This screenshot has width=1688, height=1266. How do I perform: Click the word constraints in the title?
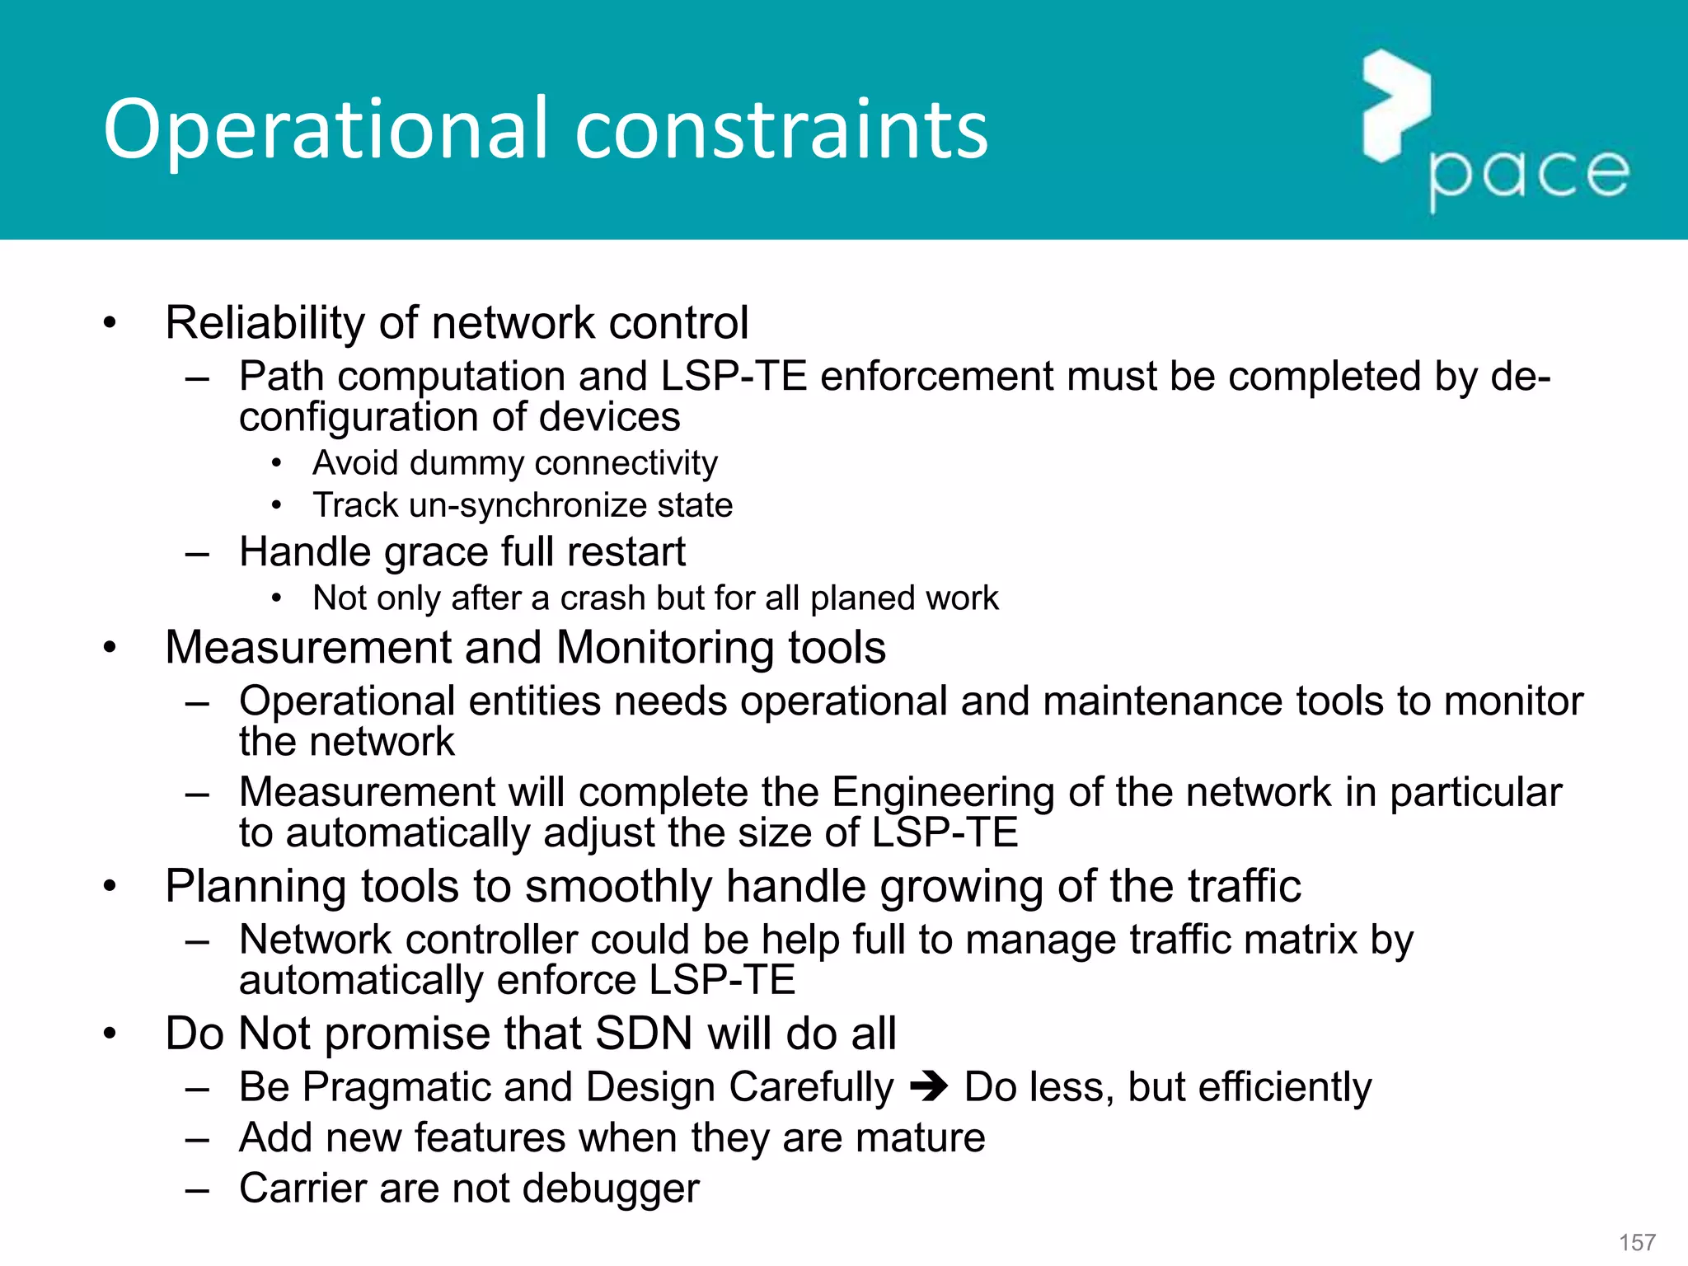pos(781,130)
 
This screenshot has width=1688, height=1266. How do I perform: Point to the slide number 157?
pos(1637,1242)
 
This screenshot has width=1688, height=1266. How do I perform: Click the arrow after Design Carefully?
pos(929,1087)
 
